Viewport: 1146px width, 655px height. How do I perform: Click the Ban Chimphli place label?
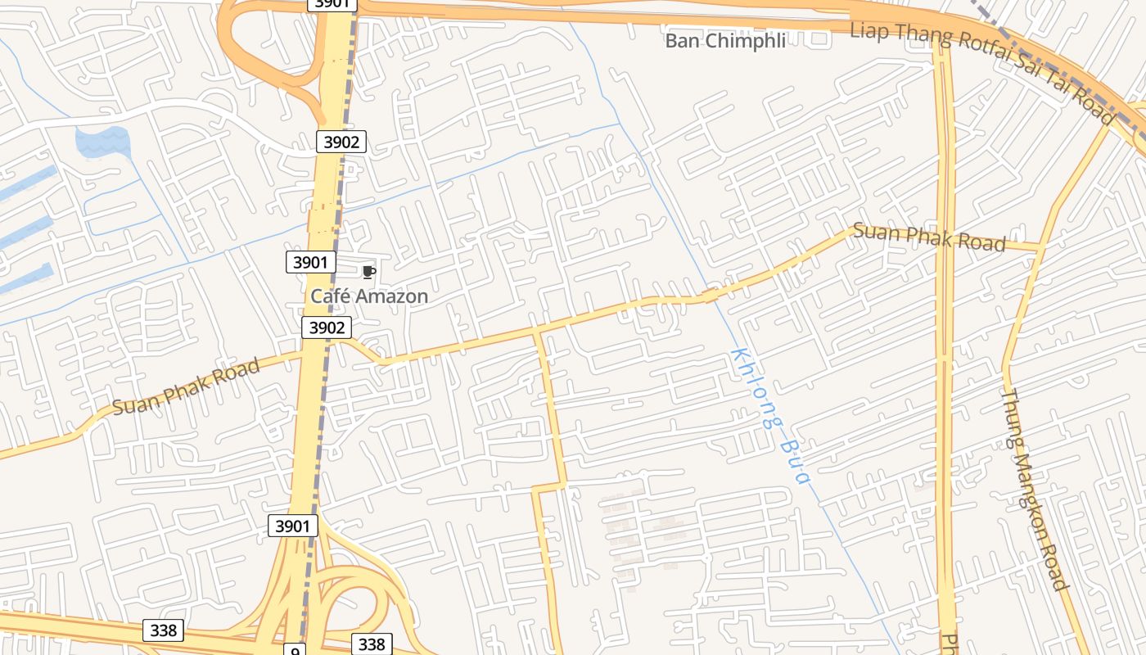click(724, 41)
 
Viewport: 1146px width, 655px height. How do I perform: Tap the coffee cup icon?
click(368, 272)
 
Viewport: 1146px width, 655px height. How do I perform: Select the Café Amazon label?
click(368, 296)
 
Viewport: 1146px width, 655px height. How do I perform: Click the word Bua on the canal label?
click(792, 462)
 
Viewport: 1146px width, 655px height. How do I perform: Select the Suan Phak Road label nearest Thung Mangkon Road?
click(929, 237)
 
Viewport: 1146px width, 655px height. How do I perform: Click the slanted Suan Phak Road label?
click(187, 386)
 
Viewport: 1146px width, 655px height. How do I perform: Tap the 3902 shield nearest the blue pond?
click(341, 142)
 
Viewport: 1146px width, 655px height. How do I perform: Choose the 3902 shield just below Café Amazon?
click(327, 327)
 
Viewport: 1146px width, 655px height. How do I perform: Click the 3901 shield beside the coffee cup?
click(310, 262)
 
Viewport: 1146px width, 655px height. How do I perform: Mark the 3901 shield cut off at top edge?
click(332, 4)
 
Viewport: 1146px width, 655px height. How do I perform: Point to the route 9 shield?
click(296, 650)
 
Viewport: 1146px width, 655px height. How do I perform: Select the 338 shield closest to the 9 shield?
click(372, 644)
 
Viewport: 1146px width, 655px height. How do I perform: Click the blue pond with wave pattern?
click(102, 142)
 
